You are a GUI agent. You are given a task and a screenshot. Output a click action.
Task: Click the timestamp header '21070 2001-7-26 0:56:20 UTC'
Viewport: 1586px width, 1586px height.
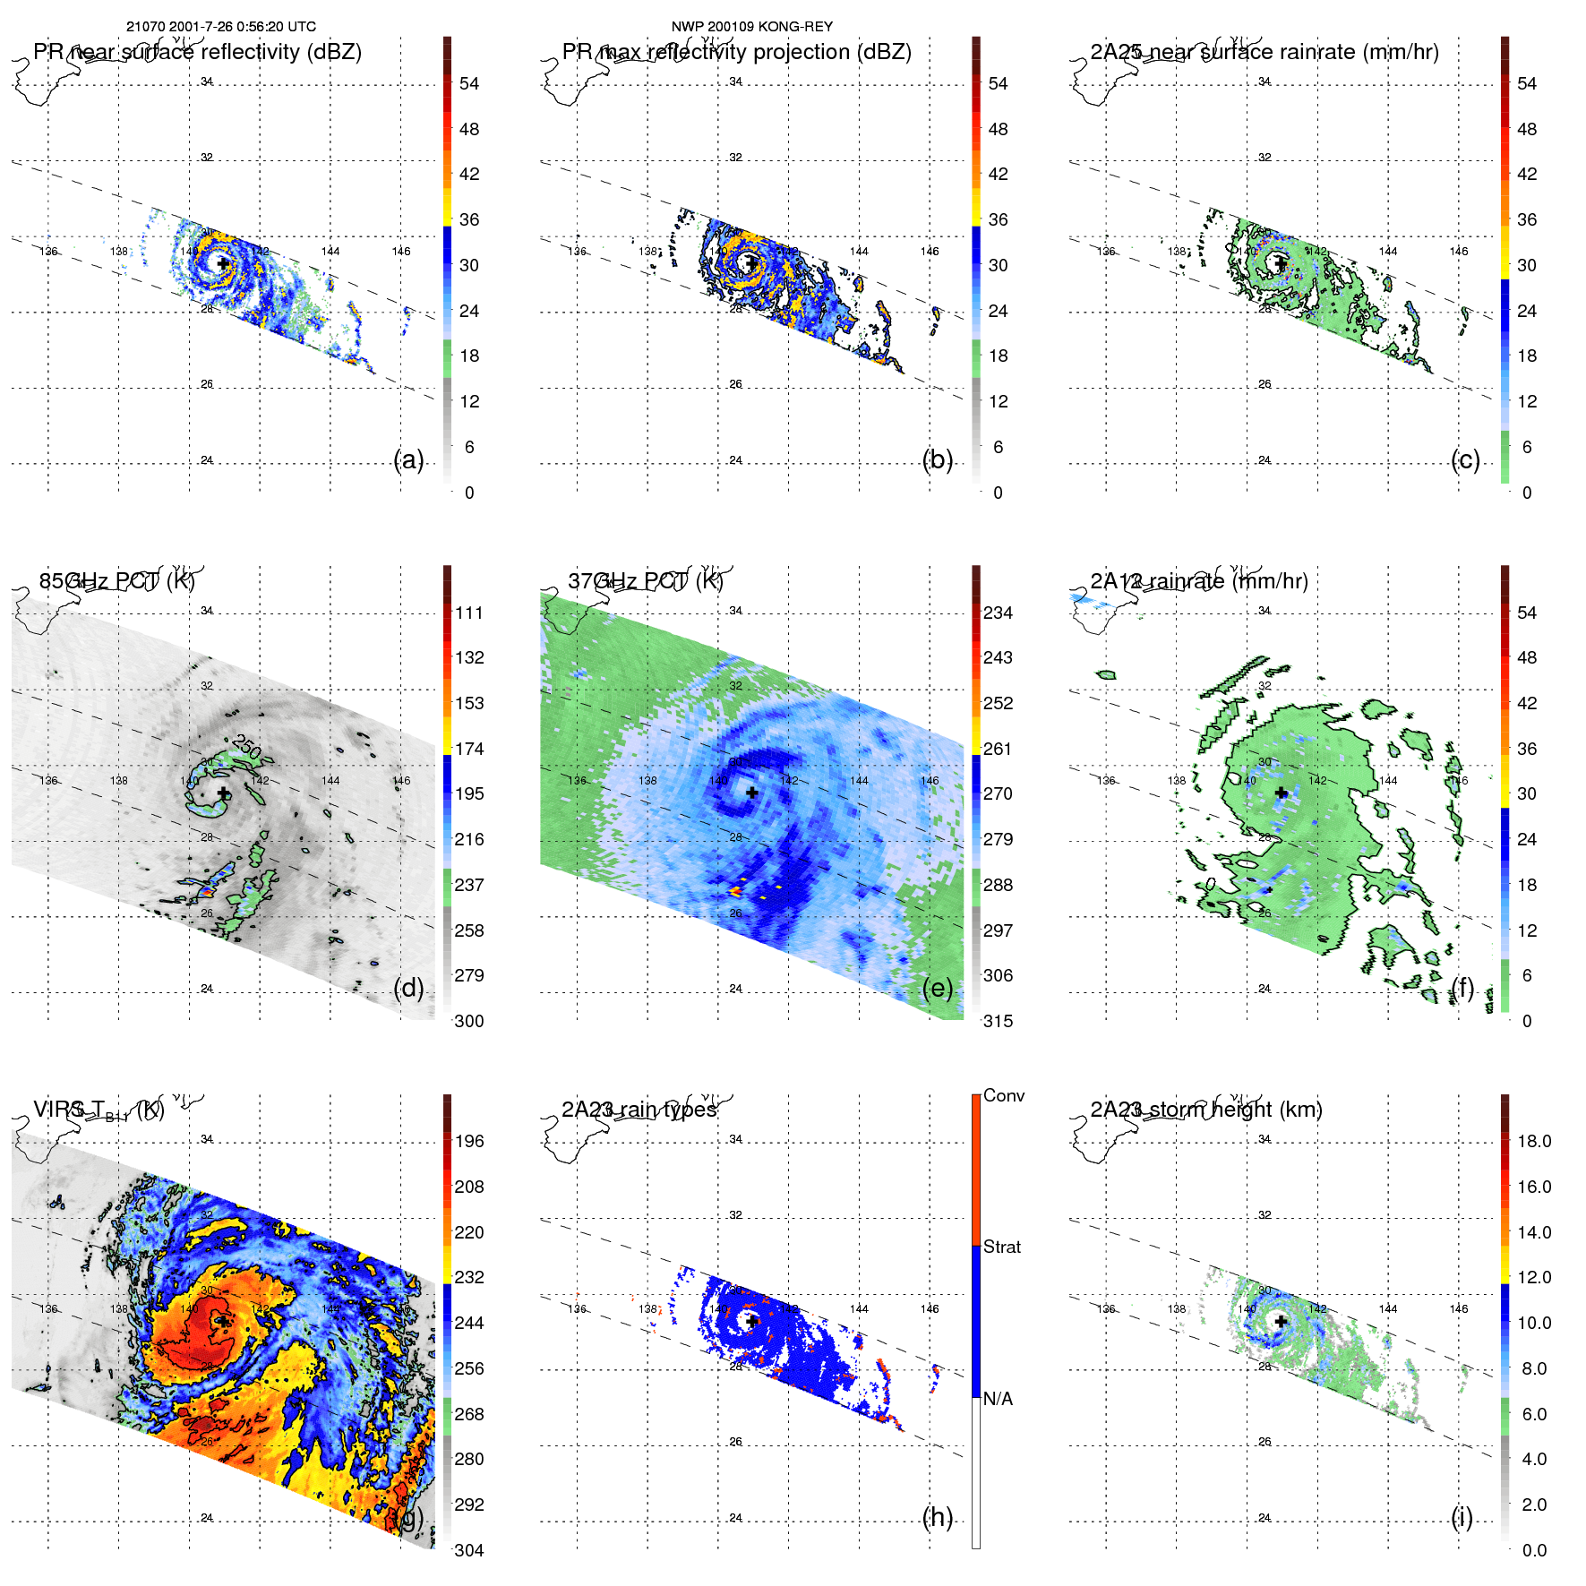(220, 27)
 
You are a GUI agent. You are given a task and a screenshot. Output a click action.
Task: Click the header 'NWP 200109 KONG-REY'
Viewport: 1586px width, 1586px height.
(751, 27)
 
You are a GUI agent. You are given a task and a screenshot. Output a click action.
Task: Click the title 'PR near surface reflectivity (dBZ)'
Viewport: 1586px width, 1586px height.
(197, 52)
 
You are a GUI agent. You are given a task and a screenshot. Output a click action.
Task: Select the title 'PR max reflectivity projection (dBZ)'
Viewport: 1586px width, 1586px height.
(736, 52)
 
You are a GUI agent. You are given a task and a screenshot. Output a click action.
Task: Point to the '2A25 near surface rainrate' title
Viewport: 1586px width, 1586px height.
(1264, 52)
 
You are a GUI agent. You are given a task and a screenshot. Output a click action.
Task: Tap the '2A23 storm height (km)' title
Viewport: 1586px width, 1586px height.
(1205, 1110)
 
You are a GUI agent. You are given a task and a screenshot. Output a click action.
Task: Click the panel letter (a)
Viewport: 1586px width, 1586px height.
(408, 459)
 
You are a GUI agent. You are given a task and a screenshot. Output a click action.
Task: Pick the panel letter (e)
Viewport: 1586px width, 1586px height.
(937, 988)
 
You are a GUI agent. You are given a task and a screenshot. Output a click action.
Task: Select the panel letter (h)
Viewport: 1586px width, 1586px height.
(937, 1517)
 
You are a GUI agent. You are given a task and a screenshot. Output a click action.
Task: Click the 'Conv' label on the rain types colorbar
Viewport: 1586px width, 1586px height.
(1003, 1095)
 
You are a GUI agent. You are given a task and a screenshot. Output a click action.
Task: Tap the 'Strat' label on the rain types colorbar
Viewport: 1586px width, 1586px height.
(1001, 1247)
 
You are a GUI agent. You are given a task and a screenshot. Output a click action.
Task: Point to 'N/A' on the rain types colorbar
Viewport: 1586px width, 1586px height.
(998, 1399)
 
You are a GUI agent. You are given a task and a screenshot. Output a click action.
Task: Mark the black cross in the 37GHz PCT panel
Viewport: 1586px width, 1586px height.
(751, 793)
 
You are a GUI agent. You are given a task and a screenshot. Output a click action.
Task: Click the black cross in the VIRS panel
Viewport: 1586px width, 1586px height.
(223, 1321)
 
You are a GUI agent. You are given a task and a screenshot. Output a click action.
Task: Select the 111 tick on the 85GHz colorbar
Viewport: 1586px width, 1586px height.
(468, 613)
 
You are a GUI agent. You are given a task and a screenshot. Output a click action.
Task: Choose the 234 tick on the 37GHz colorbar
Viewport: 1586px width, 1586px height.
(998, 613)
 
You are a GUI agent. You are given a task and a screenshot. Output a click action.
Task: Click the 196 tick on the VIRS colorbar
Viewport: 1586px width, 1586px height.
(468, 1141)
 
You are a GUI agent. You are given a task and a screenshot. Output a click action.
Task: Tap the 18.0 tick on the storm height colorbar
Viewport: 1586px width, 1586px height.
(1533, 1141)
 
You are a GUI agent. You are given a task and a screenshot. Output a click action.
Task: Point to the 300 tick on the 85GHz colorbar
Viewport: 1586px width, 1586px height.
(468, 1021)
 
